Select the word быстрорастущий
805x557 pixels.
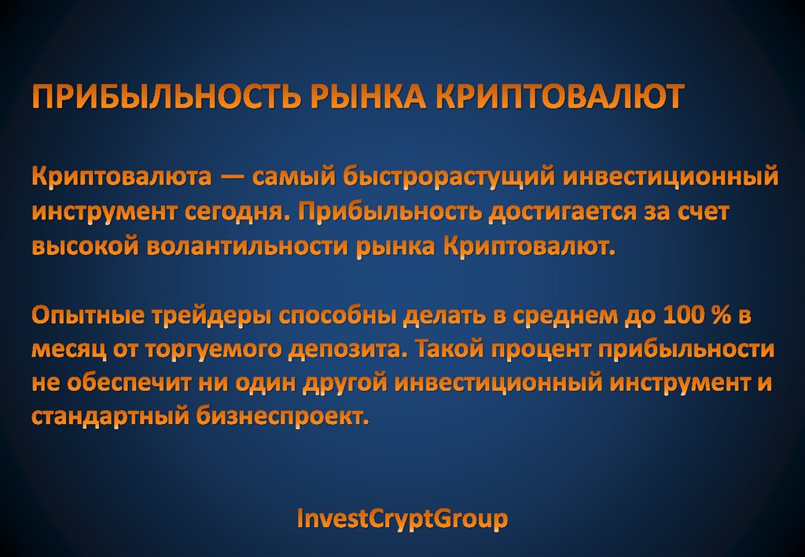pos(446,176)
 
